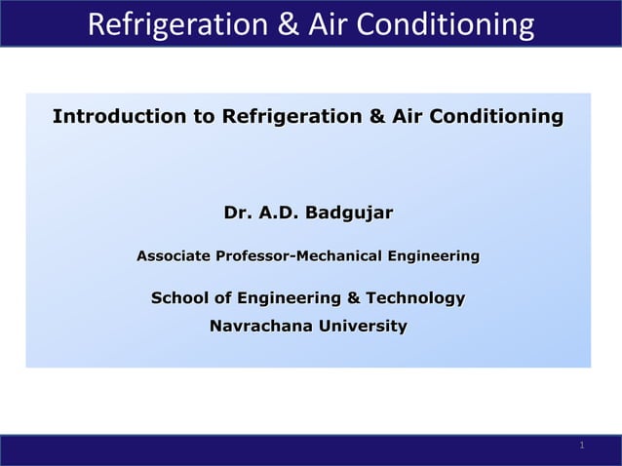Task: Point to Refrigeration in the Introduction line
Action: coord(290,118)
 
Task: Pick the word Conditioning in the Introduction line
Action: coord(496,118)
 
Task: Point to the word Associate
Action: coord(173,256)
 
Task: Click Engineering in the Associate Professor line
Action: coord(433,256)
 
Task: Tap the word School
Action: coord(177,297)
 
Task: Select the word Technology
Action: coord(414,297)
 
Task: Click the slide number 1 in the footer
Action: coord(581,446)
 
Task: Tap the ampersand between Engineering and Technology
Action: coord(353,297)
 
